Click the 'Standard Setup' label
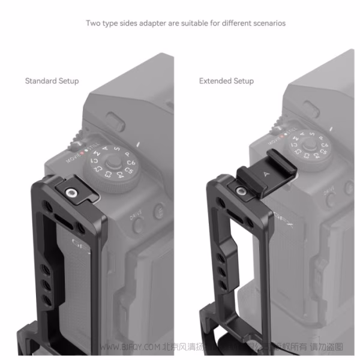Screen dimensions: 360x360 point(52,80)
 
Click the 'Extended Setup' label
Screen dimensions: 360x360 point(226,80)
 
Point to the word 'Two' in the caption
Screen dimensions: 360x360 point(93,23)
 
